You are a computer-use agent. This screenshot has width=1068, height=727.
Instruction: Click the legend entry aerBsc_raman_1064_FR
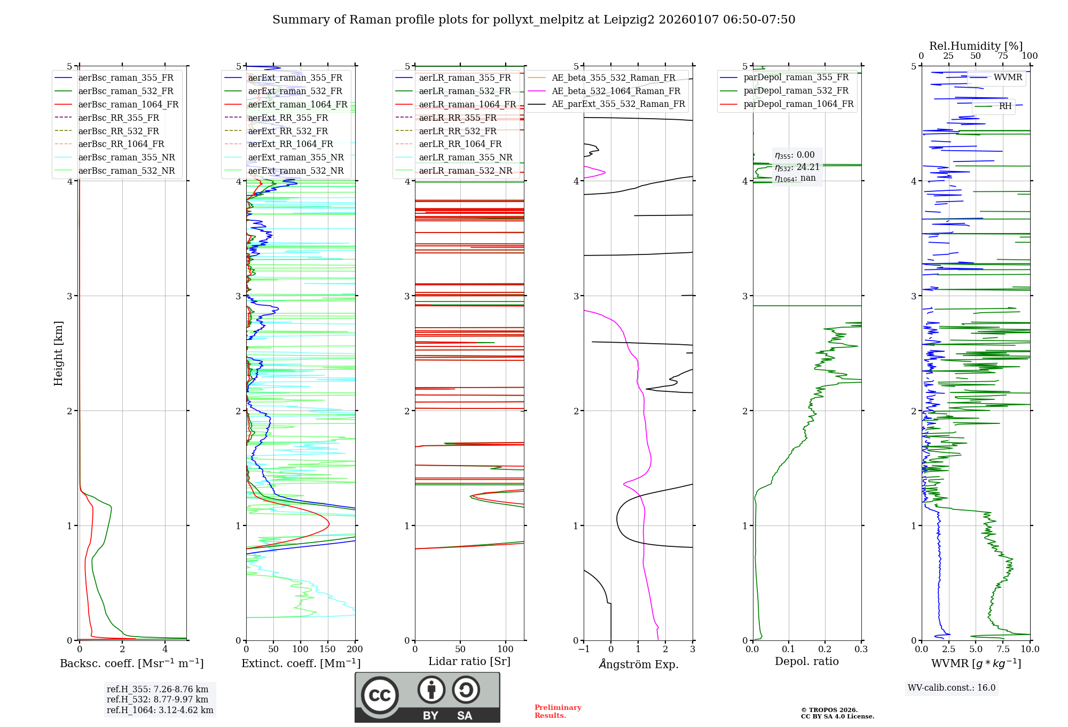coord(128,105)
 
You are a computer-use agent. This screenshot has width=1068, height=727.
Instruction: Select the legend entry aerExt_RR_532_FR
coord(288,131)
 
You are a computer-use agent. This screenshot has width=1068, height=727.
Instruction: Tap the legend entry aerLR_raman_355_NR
coord(465,158)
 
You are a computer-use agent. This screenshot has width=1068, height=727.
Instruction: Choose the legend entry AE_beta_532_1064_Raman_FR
coord(616,91)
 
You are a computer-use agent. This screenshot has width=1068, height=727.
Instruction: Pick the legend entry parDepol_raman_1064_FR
coord(798,104)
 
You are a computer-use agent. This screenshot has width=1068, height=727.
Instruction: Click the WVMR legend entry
coord(1008,78)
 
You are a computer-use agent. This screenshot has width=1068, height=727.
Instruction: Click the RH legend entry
coord(1005,106)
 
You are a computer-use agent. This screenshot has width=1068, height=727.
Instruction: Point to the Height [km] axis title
coord(58,353)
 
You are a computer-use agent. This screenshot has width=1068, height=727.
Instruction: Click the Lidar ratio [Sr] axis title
coord(469,661)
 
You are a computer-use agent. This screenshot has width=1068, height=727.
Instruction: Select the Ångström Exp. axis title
coord(639,664)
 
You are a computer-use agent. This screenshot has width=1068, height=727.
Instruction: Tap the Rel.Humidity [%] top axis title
coord(976,46)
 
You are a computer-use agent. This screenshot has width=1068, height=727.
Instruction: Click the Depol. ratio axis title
coord(806,661)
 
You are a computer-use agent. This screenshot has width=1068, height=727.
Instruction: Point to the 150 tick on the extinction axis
coord(327,649)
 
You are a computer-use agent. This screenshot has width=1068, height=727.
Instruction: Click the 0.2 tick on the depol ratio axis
coord(825,649)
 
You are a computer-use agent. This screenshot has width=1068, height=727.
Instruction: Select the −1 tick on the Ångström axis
coord(584,649)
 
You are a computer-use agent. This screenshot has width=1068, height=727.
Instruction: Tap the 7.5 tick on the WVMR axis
coord(1003,649)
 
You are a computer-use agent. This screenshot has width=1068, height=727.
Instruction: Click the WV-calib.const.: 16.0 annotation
coord(952,688)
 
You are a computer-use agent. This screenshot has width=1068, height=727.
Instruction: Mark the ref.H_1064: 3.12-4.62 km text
coord(160,710)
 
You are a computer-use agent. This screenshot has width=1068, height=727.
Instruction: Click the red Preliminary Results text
coord(557,711)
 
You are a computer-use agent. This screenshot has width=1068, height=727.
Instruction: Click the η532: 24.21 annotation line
coord(797,167)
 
